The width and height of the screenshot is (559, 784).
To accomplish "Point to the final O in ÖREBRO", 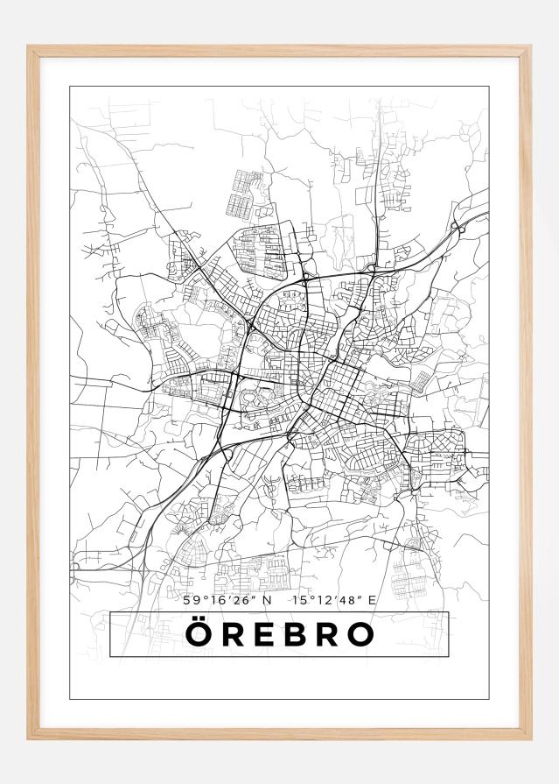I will (359, 635).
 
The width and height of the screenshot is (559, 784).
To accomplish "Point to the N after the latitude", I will (267, 601).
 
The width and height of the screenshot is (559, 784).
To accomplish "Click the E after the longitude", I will (372, 601).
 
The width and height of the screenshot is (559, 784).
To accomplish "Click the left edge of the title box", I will (110, 634).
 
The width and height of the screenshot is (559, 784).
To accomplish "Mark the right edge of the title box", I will (448, 634).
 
